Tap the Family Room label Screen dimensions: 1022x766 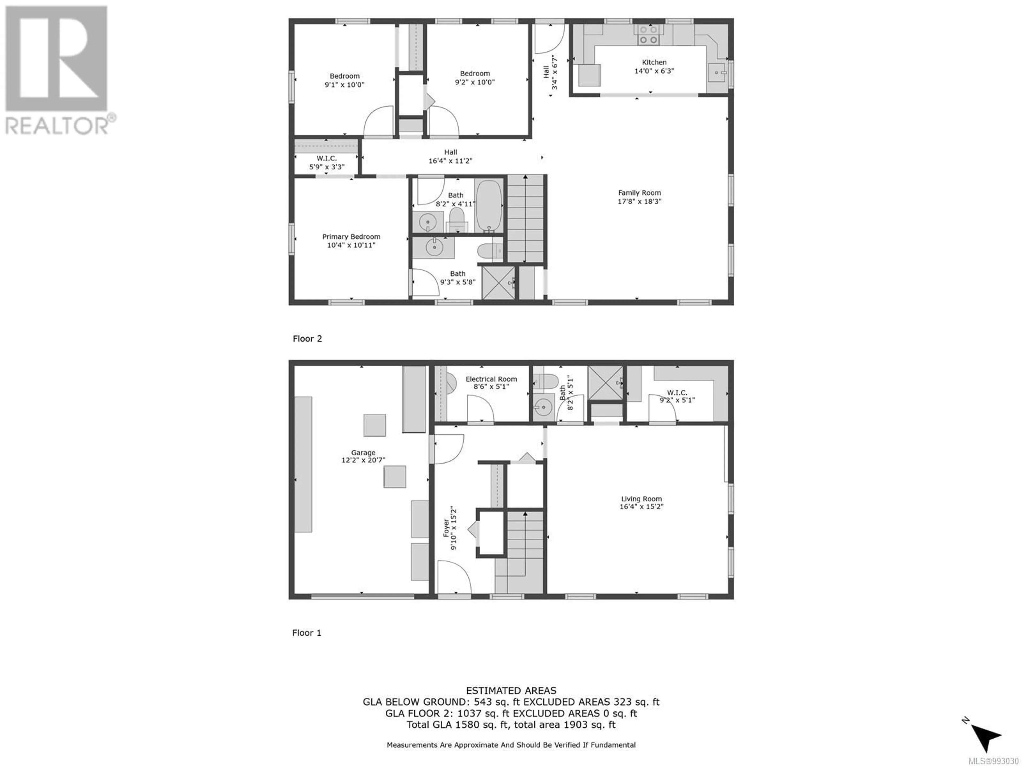point(640,193)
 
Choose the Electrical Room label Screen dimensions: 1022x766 point(491,379)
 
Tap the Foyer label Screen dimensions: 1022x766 point(446,528)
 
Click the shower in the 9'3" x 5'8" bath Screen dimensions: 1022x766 point(498,282)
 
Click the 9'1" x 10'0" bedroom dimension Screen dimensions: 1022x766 point(345,85)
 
